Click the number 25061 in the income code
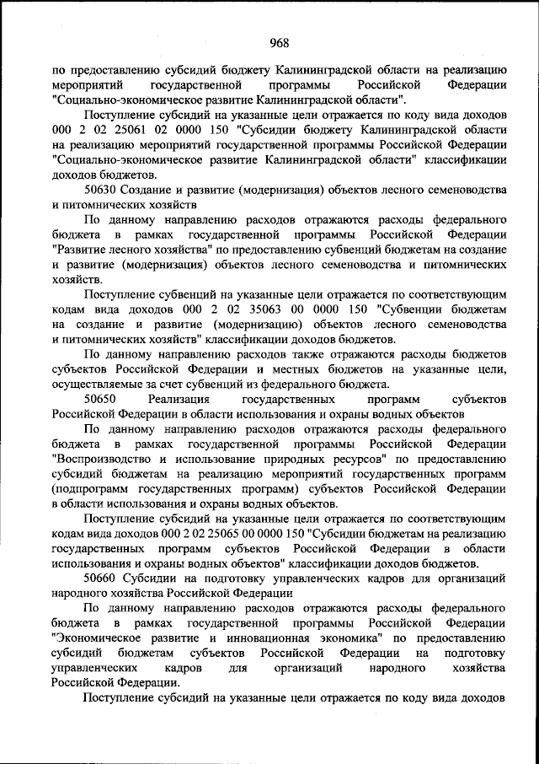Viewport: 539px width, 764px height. click(x=127, y=131)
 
